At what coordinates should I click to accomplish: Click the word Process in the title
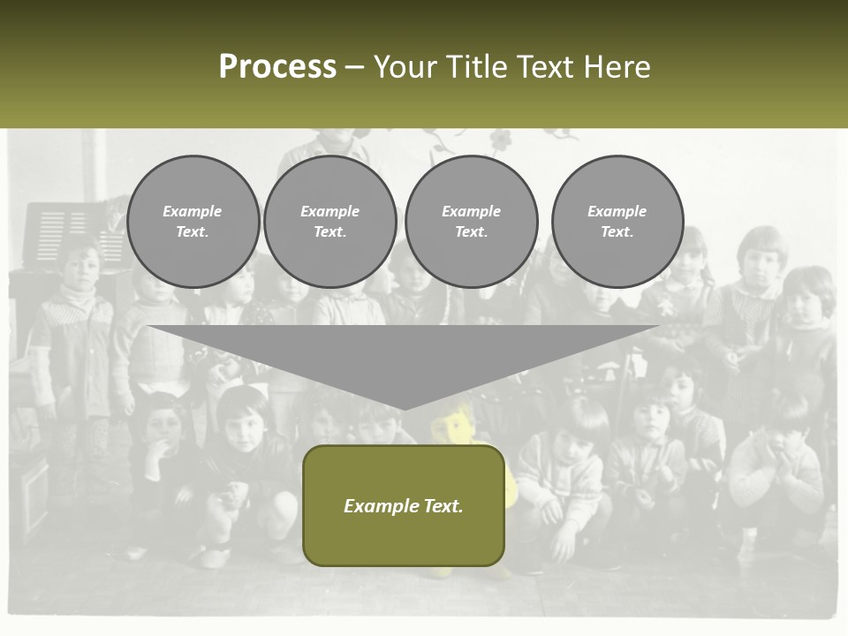point(277,67)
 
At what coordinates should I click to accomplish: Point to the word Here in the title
point(615,67)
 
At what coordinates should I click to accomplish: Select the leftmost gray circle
point(193,221)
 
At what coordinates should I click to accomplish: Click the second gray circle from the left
point(329,221)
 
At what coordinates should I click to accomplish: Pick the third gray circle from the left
point(471,221)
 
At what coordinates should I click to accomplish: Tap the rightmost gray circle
point(617,221)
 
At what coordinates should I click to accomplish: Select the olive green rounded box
point(404,504)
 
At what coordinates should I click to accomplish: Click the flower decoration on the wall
point(501,139)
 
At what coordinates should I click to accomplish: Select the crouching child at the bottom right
point(777,468)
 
